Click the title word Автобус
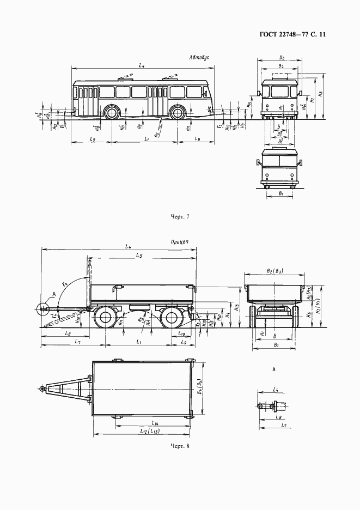[x=199, y=57]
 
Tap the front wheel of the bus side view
[x=112, y=113]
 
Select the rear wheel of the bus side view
[x=176, y=113]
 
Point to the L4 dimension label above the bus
[x=141, y=65]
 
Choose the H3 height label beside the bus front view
[x=321, y=94]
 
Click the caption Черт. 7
[x=180, y=216]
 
